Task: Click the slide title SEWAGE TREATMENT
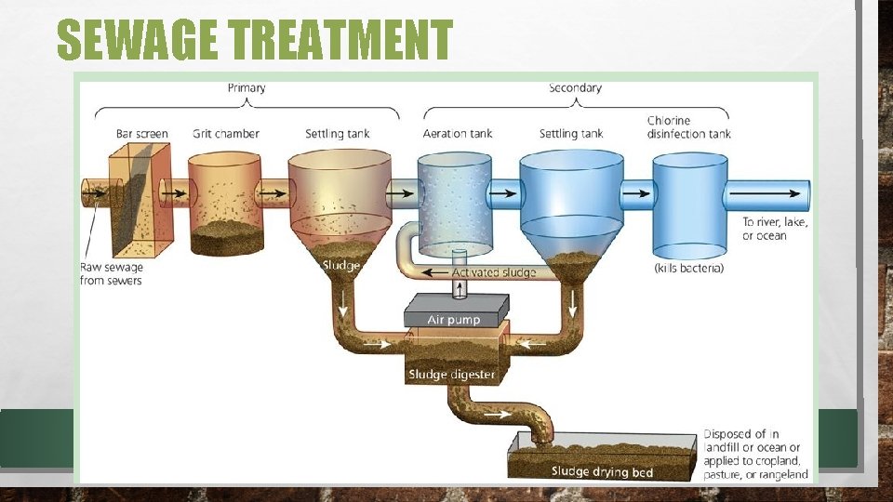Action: (254, 40)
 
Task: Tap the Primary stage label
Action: (247, 88)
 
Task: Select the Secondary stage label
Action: (575, 88)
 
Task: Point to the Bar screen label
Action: (142, 134)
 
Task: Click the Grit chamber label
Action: (226, 134)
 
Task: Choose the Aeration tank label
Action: (458, 134)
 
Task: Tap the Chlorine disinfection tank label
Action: (688, 127)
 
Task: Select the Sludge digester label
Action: (452, 375)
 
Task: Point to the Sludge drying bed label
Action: (602, 471)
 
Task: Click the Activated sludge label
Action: (494, 272)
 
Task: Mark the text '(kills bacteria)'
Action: (689, 268)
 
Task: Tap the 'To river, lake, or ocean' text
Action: (775, 229)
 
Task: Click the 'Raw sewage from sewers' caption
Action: (112, 273)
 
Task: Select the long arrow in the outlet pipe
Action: (764, 193)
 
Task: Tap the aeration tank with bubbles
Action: (454, 200)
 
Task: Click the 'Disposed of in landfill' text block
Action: (755, 455)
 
